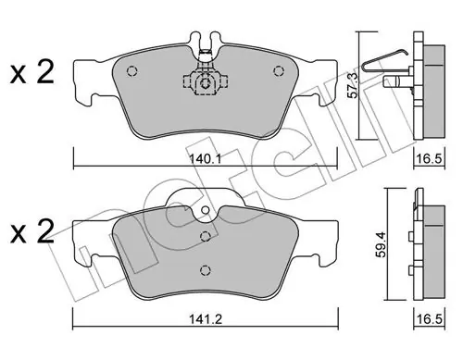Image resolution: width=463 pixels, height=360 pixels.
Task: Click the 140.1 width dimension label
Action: click(205, 159)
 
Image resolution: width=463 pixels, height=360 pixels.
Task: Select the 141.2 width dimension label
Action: click(206, 319)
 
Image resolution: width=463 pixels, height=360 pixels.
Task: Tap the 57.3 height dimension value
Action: click(353, 85)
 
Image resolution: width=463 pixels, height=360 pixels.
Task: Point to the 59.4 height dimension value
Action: click(382, 244)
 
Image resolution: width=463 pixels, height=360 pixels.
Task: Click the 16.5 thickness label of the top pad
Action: click(430, 159)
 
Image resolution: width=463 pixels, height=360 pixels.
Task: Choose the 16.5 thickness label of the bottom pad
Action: click(430, 319)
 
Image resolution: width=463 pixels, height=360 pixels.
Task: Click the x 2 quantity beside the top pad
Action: click(32, 72)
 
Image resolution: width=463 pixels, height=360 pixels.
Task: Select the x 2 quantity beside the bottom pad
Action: click(32, 231)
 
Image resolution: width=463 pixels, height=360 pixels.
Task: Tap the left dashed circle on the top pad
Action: click(131, 71)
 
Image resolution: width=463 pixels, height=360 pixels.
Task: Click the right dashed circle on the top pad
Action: click(279, 71)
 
